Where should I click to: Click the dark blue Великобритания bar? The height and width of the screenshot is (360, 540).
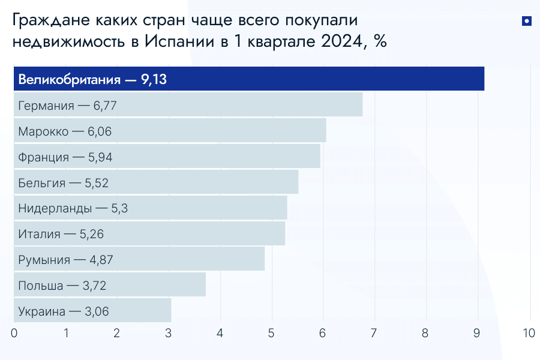click(249, 79)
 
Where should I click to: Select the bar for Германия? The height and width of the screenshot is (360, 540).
click(188, 104)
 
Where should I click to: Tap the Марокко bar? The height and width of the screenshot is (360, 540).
click(170, 130)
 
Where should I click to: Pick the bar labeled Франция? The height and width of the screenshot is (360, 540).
click(167, 156)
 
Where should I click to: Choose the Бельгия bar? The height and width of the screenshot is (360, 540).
click(156, 182)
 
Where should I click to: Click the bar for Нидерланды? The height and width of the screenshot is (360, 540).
click(150, 208)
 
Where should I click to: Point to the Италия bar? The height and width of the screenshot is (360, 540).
click(149, 233)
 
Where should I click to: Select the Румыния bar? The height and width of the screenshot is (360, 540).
click(139, 259)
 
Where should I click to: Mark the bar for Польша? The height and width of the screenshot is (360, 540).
click(110, 284)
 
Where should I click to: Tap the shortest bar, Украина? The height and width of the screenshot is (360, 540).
click(92, 310)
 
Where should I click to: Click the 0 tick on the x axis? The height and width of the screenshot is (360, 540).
click(14, 333)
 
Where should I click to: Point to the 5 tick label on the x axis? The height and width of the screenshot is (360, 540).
click(272, 333)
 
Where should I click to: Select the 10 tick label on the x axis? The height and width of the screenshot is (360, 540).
click(529, 333)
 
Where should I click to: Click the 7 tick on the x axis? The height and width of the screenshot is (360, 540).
click(374, 333)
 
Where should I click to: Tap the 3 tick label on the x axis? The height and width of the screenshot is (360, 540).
click(169, 333)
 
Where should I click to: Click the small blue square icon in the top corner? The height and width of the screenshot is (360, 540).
click(526, 22)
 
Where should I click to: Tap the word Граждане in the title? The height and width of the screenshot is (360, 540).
click(50, 21)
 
